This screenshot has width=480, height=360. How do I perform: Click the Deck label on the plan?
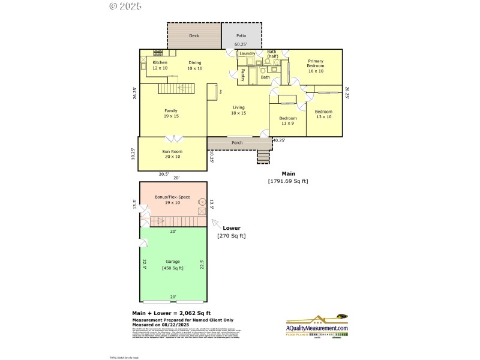click(194, 36)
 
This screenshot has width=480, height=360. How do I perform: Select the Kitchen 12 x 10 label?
click(160, 65)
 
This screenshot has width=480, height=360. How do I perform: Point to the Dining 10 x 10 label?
click(194, 65)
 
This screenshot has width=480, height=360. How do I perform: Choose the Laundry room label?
click(247, 53)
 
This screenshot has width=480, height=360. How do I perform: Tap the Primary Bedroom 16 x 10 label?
click(316, 65)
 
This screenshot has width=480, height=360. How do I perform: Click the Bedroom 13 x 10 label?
click(323, 114)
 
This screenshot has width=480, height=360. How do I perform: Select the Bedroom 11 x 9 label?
click(287, 121)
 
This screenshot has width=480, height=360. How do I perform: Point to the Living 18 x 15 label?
click(239, 110)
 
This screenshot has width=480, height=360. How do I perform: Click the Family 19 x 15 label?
click(171, 113)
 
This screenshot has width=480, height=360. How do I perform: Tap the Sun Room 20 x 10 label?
click(172, 154)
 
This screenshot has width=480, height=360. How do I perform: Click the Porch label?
click(237, 143)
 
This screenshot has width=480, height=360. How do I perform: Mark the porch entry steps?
click(263, 157)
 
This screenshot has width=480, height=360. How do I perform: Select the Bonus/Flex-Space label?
click(172, 200)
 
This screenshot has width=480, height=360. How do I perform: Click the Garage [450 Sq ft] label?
click(172, 265)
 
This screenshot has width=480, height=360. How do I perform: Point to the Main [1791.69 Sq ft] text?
click(287, 178)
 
